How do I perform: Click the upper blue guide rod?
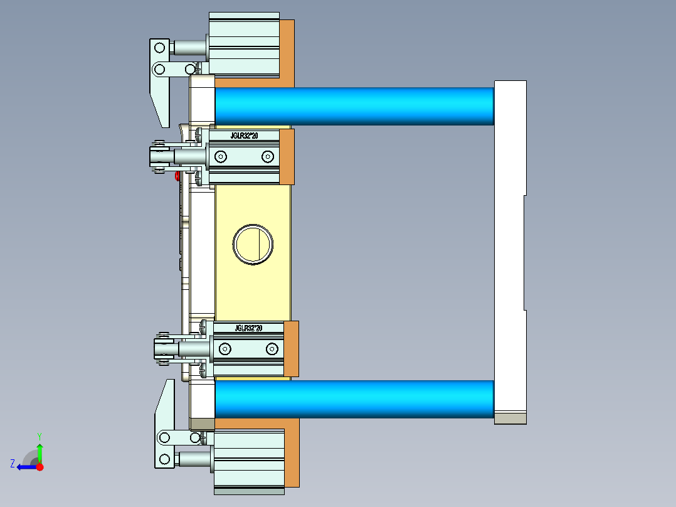[354, 105]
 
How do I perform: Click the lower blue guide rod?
[354, 398]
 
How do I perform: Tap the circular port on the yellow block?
[253, 244]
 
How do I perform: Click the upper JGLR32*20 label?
[244, 135]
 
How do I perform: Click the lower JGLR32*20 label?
[248, 328]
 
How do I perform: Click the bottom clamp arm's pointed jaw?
[165, 402]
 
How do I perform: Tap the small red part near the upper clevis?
[177, 176]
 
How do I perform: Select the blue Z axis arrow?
[25, 467]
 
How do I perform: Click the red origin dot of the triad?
[40, 467]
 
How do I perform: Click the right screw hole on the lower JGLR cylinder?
[272, 348]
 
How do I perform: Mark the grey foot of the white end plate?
[510, 418]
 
